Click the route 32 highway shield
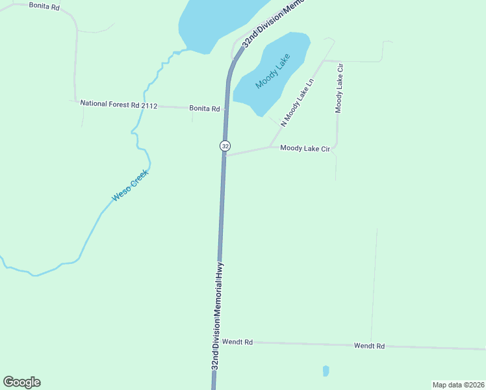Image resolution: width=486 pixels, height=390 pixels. (225, 146)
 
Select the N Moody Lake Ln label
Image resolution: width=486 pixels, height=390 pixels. (297, 103)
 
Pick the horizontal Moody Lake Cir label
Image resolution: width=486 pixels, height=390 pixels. (305, 149)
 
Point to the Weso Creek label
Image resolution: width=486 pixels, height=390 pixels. (131, 185)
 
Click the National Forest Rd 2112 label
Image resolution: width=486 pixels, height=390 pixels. (119, 104)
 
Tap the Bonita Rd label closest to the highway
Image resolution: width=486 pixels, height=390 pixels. (205, 109)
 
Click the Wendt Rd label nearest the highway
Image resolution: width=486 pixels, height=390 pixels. (237, 341)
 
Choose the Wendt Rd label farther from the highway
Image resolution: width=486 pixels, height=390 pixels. (369, 346)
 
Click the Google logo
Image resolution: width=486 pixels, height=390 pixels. (21, 382)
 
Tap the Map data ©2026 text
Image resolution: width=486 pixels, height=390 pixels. (458, 385)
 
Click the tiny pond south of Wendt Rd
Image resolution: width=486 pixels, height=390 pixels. (326, 371)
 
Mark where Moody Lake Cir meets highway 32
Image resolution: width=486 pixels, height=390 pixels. (224, 156)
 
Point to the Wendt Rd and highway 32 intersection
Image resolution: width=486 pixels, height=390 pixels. (216, 341)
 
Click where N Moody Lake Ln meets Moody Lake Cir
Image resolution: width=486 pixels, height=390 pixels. (270, 146)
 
